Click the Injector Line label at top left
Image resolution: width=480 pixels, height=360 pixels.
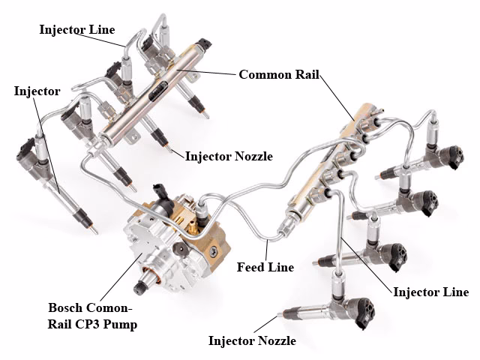point(77,30)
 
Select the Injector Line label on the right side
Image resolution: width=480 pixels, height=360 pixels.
point(430,292)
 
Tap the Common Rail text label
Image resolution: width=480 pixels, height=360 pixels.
point(279,75)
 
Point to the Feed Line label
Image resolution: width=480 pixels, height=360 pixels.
point(265,267)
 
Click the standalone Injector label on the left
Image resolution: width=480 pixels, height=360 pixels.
point(37,91)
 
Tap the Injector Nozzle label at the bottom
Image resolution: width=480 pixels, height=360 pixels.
point(252,341)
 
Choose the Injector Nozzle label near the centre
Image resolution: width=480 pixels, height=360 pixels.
point(229,157)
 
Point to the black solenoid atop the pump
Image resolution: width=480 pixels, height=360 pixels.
point(160,190)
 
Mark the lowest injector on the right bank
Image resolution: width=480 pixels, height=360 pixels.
point(330,304)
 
